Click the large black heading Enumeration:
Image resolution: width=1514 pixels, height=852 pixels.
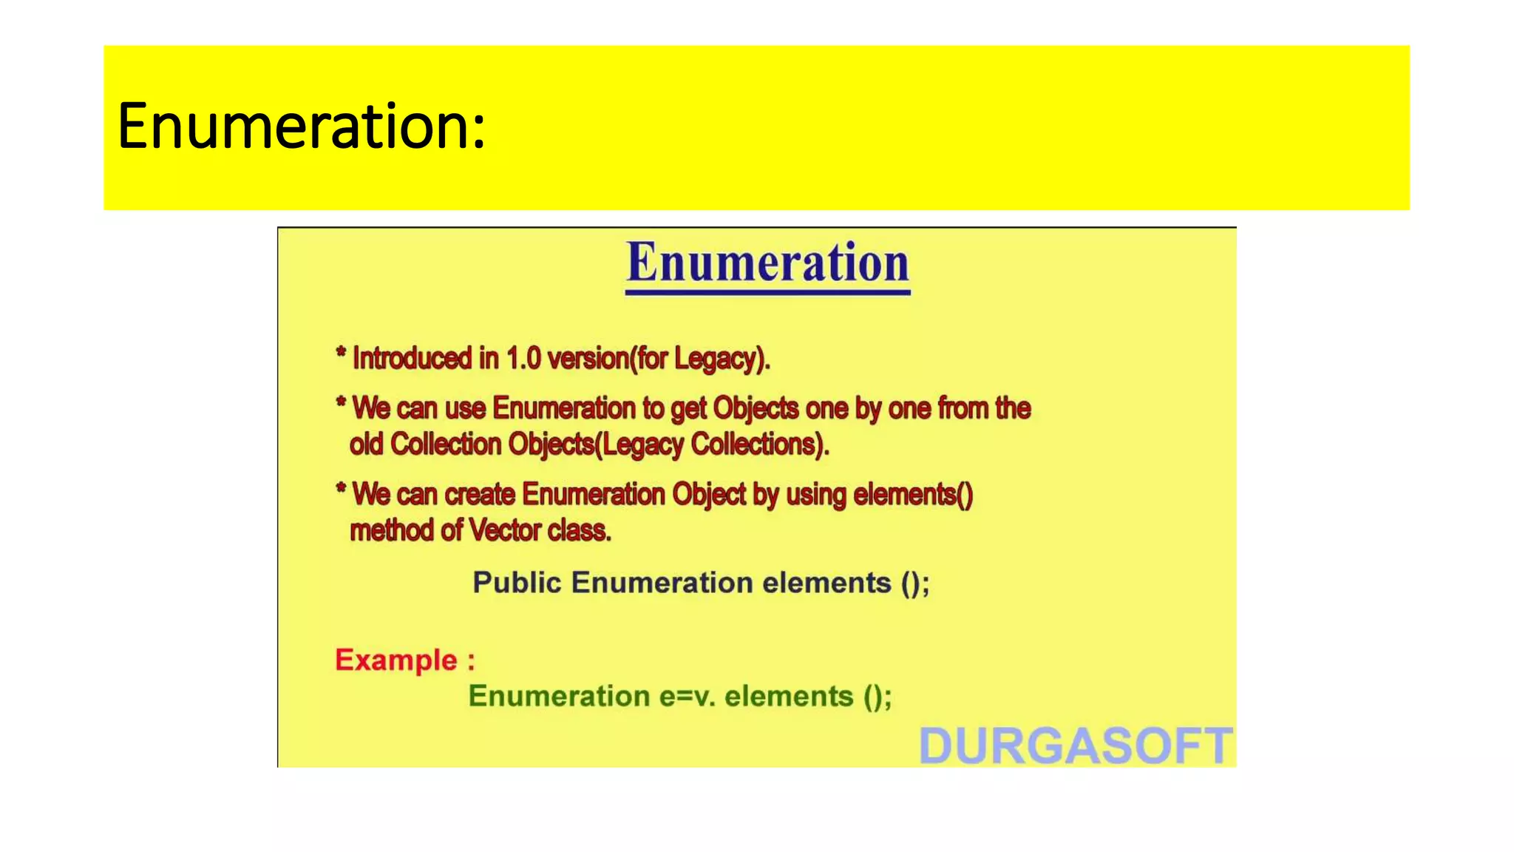click(x=301, y=126)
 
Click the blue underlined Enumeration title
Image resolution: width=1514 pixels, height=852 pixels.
click(x=767, y=264)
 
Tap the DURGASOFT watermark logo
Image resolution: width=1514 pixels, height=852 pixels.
click(x=1076, y=745)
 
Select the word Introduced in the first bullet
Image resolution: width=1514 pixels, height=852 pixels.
click(x=412, y=359)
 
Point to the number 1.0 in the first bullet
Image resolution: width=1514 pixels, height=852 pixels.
click(x=523, y=359)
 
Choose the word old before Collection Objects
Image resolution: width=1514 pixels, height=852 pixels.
click(x=366, y=444)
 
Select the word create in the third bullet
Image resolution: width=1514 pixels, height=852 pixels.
click(x=480, y=494)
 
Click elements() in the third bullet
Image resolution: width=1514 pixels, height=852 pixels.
click(x=913, y=494)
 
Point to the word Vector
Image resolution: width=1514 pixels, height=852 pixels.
click(x=505, y=530)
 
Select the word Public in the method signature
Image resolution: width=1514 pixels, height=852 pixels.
click(x=517, y=583)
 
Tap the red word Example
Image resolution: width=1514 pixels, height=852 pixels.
click(x=396, y=660)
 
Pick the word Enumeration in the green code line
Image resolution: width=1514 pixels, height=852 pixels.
click(x=559, y=697)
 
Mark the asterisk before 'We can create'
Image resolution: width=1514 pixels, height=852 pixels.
click(x=341, y=489)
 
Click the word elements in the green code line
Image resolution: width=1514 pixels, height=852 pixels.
click(x=789, y=697)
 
